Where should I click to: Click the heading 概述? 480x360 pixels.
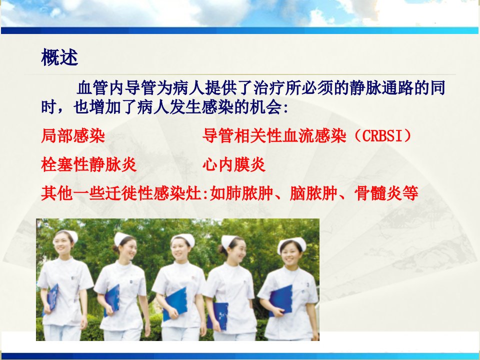(59, 57)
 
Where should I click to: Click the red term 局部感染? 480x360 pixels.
(73, 136)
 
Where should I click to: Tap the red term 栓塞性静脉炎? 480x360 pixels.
(89, 164)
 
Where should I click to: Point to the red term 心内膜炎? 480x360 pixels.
(234, 164)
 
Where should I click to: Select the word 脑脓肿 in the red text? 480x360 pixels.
(313, 193)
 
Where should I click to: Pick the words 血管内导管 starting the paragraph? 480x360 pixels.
(116, 88)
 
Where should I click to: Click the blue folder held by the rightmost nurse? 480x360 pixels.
(280, 300)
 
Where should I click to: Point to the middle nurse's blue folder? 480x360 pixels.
(175, 303)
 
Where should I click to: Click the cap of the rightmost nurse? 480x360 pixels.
(292, 243)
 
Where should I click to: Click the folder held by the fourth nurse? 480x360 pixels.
(218, 316)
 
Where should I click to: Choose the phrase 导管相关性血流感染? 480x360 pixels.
(274, 136)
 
